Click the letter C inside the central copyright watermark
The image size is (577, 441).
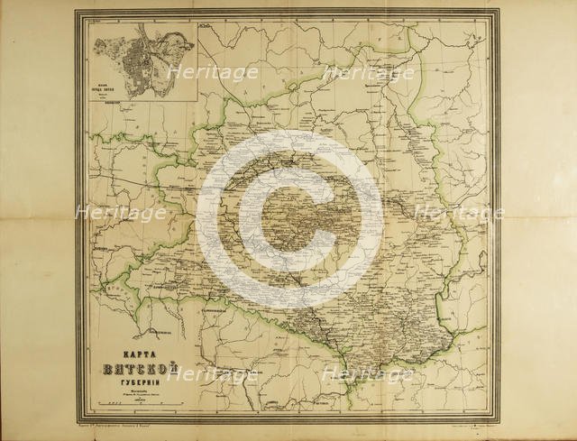pos(289,221)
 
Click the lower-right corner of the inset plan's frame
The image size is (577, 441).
pos(199,101)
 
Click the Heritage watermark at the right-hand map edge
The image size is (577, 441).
pos(457,214)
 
